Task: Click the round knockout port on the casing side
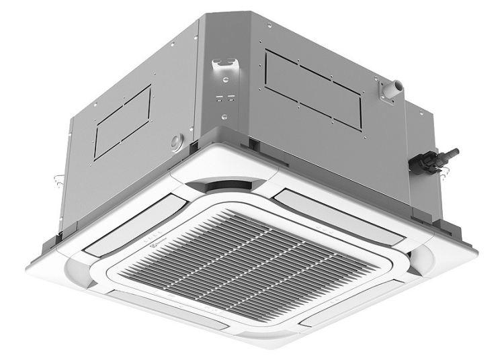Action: (x=177, y=140)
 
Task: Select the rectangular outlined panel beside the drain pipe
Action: (x=312, y=87)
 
